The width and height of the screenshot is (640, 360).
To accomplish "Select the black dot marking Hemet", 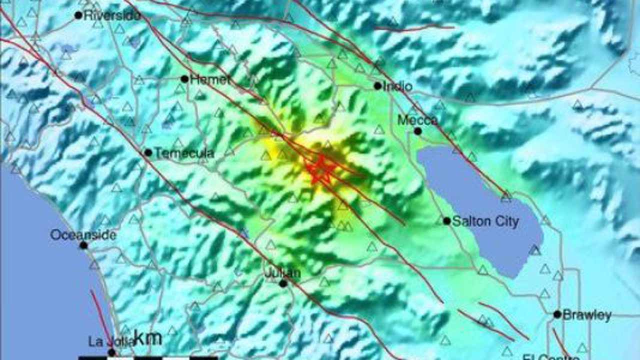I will (x=184, y=79).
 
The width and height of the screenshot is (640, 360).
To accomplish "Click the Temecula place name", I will (x=184, y=153).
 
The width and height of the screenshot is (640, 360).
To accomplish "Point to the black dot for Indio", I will (x=377, y=86).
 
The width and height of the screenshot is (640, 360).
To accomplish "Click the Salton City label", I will (x=485, y=221).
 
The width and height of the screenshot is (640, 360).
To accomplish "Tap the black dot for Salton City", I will (x=446, y=220).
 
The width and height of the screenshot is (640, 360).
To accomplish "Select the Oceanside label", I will (x=83, y=235).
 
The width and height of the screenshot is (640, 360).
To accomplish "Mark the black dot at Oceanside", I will (x=83, y=245).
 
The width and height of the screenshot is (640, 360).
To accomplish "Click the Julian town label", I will (x=282, y=273).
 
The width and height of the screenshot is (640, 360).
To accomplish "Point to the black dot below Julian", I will (x=283, y=283).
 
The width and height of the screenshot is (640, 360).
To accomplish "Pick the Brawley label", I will (x=586, y=315).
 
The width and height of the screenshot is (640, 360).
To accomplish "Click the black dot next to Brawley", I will (x=557, y=314).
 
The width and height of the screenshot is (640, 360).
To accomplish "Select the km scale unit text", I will (x=148, y=338).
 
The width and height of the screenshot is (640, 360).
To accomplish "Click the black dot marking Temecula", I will (x=148, y=152).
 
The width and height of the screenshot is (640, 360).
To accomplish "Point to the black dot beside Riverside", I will (x=78, y=15).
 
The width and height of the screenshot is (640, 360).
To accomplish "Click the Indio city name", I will (x=398, y=86).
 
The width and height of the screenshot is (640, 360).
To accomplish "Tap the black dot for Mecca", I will (x=417, y=131).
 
